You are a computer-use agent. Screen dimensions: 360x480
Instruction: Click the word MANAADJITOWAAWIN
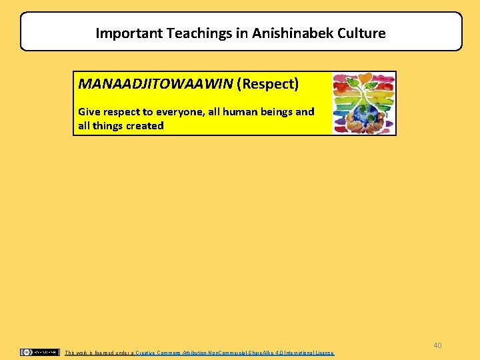155,85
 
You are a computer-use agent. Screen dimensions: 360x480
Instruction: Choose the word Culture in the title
360,33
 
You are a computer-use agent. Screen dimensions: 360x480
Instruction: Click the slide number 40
437,345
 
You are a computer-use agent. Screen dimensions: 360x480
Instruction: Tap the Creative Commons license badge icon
40,352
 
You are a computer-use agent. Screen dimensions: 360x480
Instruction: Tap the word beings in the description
278,112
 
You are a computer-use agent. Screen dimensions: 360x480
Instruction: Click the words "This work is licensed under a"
99,352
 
